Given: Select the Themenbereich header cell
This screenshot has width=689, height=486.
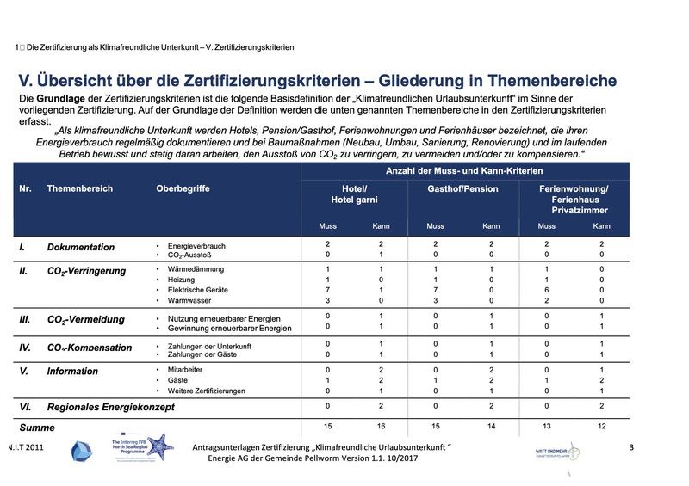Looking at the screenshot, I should tap(80, 188).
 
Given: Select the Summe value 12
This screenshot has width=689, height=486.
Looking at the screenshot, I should tap(602, 427).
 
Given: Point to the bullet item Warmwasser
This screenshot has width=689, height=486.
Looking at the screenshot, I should tap(189, 301).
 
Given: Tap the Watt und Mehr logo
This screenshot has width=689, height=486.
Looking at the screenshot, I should tap(550, 451).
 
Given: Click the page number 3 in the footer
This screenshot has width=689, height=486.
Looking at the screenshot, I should tap(631, 446).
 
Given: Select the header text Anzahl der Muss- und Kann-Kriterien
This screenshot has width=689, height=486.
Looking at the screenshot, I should tap(465, 170).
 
